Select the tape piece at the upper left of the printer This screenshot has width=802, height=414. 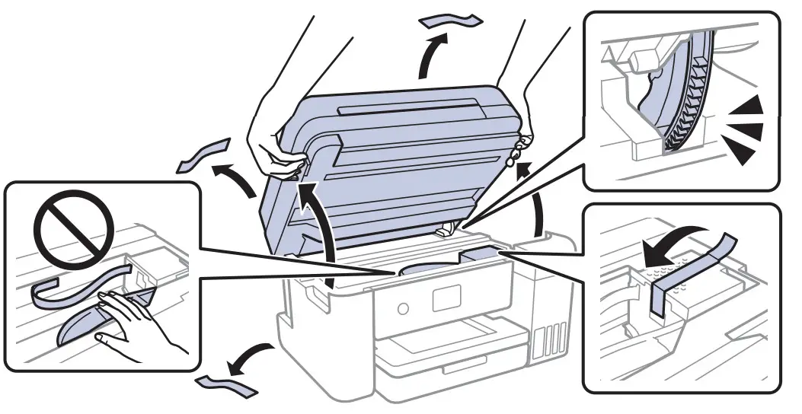201,155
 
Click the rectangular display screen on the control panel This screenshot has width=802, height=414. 446,298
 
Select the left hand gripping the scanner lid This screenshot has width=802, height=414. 274,145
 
